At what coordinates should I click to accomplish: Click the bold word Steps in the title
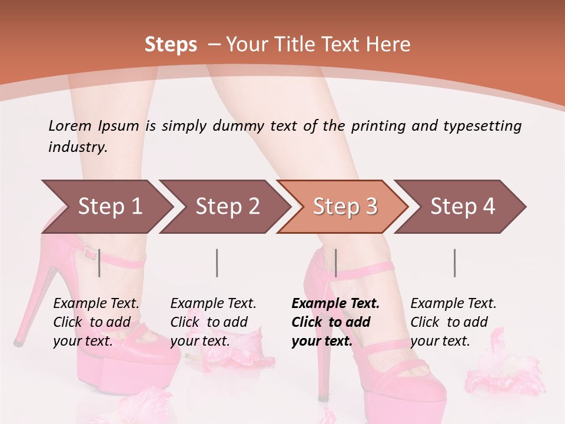click(171, 44)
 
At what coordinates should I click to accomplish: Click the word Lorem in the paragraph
click(70, 125)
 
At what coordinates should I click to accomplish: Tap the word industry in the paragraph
click(77, 147)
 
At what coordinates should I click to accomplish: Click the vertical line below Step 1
click(99, 263)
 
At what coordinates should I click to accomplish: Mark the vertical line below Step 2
click(217, 263)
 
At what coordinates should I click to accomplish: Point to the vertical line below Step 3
click(335, 263)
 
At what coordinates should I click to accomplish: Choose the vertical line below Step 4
click(454, 263)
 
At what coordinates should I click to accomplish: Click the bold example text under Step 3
click(335, 322)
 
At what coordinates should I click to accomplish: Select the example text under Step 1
click(96, 322)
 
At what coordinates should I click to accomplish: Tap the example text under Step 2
click(213, 322)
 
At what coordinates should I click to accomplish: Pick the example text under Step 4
click(453, 322)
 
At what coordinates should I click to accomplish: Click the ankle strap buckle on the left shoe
click(89, 254)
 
